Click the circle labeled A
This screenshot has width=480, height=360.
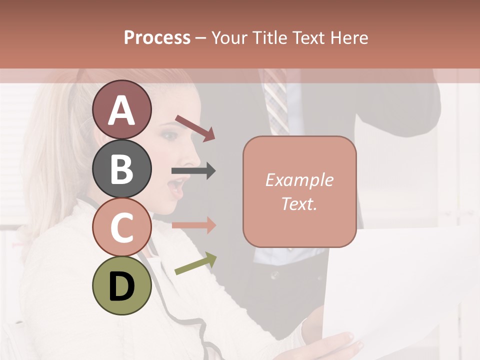[121, 109]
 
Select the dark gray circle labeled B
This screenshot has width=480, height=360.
[121, 168]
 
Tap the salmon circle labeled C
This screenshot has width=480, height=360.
[121, 227]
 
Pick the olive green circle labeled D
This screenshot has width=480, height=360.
[121, 285]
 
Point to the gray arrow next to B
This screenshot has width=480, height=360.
[193, 171]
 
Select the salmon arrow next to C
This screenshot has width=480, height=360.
[193, 225]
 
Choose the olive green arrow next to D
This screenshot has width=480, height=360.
[195, 263]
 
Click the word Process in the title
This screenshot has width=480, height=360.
[157, 38]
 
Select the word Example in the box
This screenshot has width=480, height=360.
[299, 180]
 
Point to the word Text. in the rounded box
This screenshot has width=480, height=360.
[299, 203]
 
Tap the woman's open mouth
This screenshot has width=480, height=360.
[175, 188]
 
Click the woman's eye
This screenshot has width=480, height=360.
[169, 136]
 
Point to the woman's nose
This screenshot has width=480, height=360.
[191, 160]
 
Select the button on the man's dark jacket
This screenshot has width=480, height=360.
[274, 274]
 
